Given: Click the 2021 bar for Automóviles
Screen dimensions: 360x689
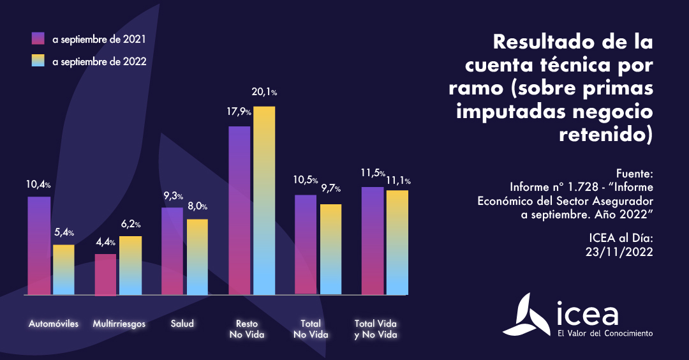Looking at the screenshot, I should [39, 246].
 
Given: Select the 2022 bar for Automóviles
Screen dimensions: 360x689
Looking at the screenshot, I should [64, 269].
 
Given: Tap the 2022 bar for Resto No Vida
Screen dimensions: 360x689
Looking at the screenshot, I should [264, 200].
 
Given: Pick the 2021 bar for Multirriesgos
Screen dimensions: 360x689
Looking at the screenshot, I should [105, 274].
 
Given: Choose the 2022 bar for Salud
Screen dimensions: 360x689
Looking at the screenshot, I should [197, 257].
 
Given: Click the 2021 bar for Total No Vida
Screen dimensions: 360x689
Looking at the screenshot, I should [306, 244].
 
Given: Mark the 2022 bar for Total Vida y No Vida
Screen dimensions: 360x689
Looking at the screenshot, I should [397, 243].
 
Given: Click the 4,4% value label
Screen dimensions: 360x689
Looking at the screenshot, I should [106, 242].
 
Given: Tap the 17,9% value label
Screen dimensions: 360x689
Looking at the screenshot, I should [240, 112].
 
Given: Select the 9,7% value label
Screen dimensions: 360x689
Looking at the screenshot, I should [331, 189].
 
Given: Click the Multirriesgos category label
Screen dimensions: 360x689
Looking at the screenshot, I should [119, 324].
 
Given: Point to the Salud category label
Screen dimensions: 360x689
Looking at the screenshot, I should [182, 324].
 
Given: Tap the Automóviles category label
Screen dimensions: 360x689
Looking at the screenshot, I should [54, 324].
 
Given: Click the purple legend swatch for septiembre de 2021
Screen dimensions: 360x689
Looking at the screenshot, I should [38, 39].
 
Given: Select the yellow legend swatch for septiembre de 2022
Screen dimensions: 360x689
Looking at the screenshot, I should [38, 61].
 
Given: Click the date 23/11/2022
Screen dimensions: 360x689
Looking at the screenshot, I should [619, 251].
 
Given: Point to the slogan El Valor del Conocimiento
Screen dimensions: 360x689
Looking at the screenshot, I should [605, 333].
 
